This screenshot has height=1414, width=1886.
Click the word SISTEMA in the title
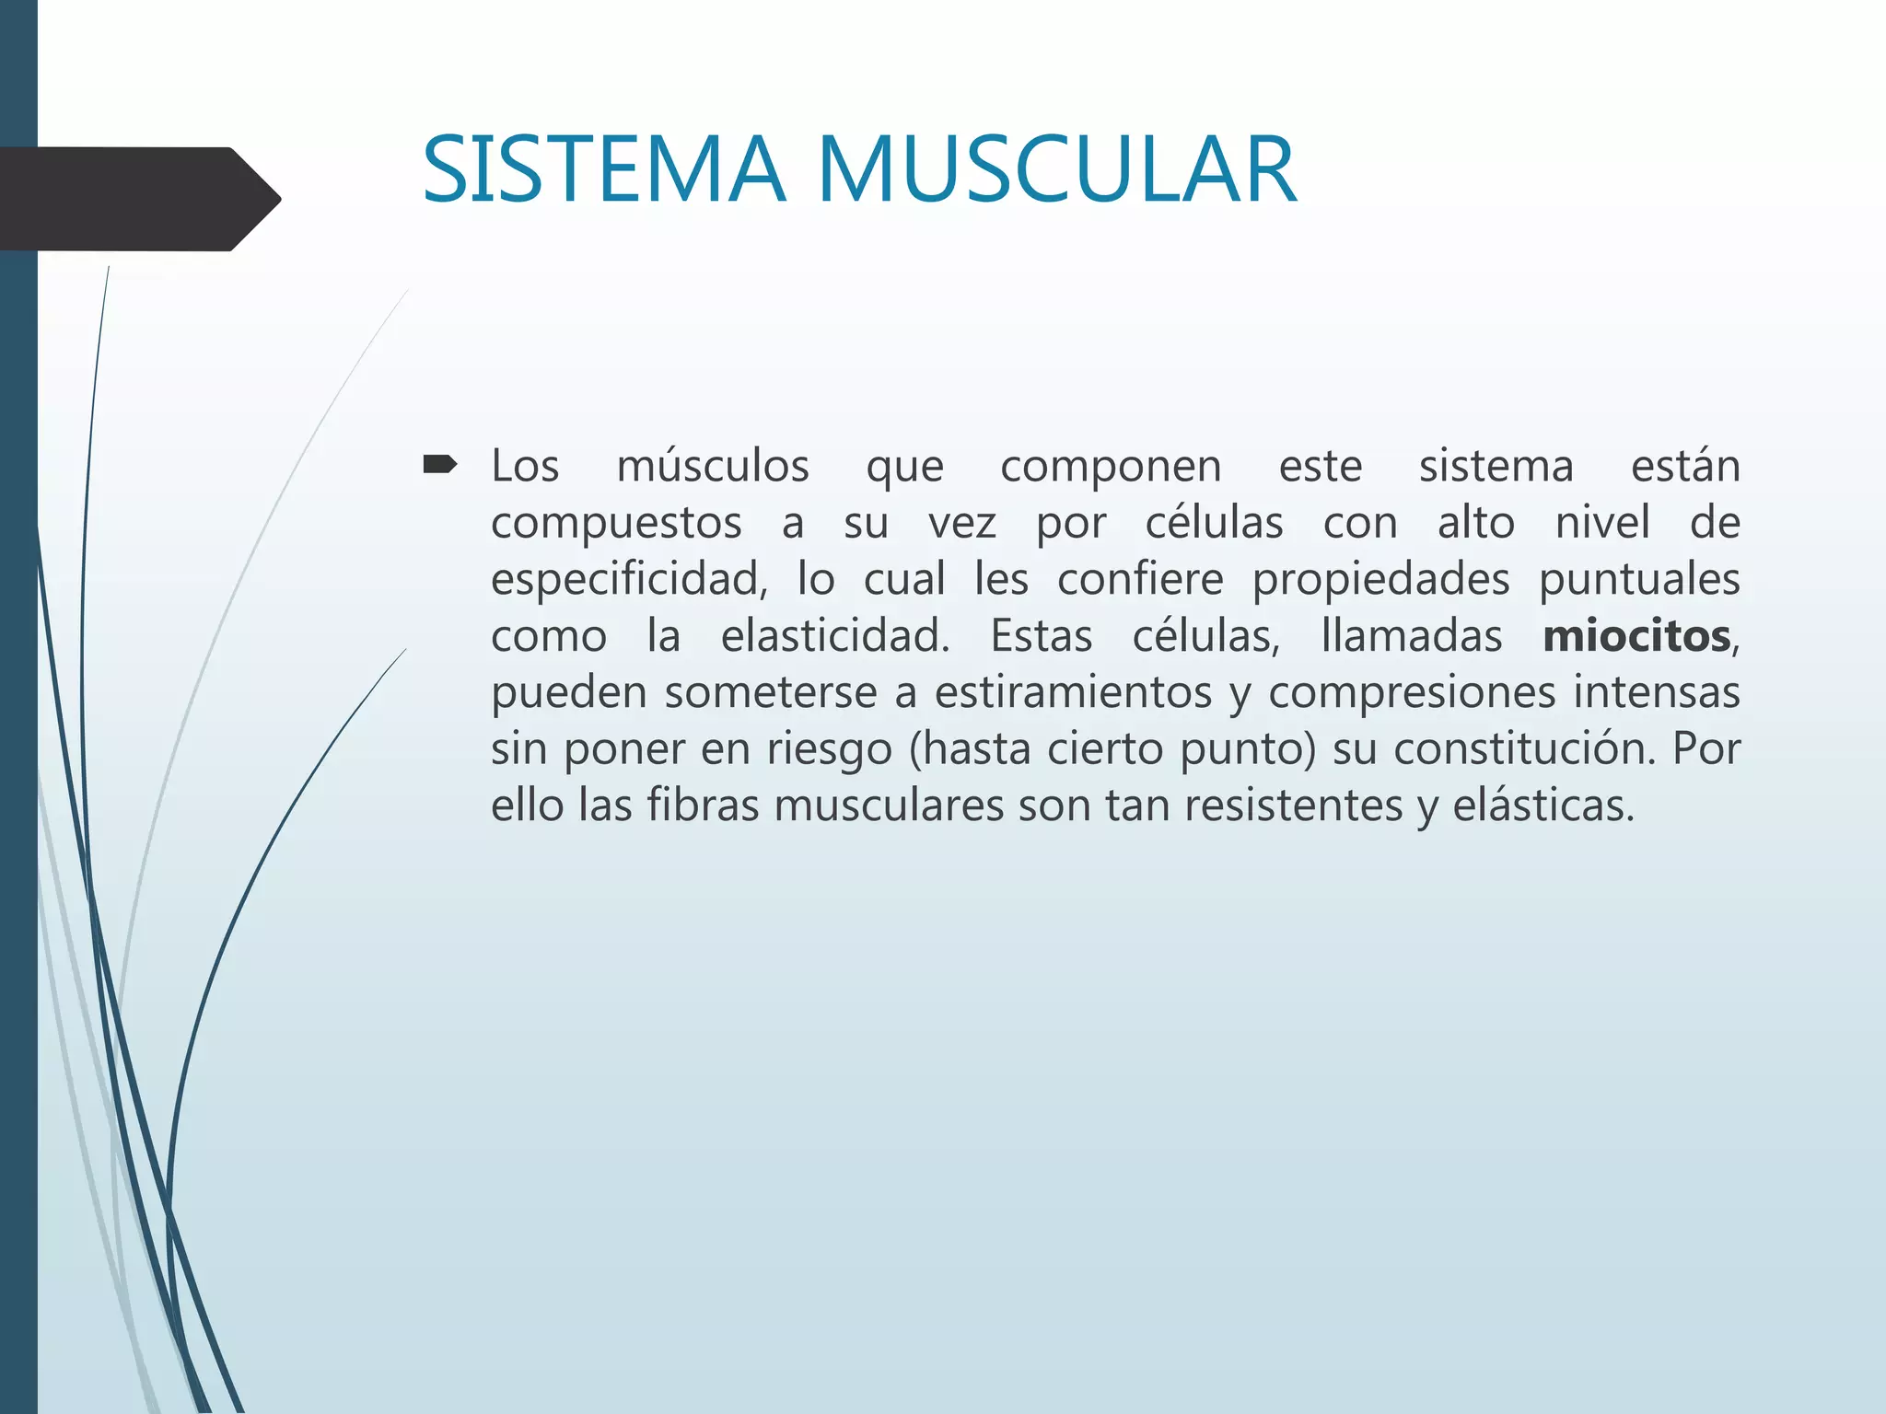tap(604, 170)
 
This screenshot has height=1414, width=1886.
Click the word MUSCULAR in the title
tap(1057, 170)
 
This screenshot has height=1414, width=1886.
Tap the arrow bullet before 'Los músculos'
tap(439, 465)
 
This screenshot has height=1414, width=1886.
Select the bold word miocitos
tap(1636, 636)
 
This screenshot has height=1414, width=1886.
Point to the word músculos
tap(713, 466)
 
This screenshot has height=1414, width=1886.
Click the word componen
tap(1111, 466)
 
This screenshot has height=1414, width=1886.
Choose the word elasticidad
tap(834, 636)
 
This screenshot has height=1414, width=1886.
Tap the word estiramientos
tap(1073, 692)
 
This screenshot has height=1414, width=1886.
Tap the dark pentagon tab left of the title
tap(138, 199)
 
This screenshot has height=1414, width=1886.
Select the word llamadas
tap(1412, 636)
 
